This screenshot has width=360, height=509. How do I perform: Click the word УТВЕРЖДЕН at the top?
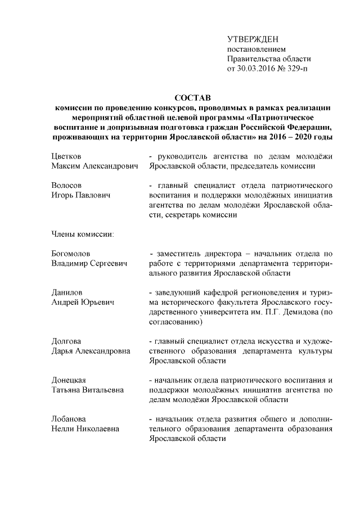click(x=253, y=39)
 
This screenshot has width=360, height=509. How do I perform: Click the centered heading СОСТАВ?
click(x=191, y=98)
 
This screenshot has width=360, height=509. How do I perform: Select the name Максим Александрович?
click(x=94, y=166)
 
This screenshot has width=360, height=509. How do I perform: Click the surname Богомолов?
click(x=71, y=253)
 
